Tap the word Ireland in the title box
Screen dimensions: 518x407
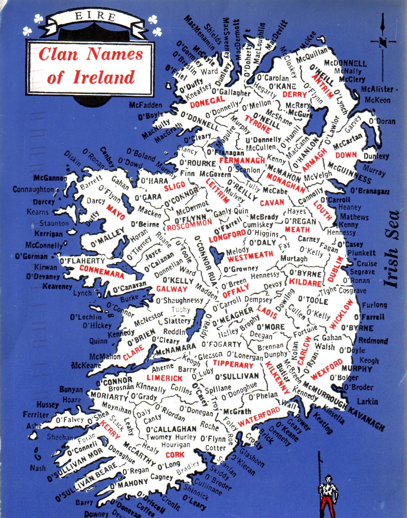(104, 77)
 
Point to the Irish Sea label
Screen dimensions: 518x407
(392, 249)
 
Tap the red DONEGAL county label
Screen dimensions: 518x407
(207, 102)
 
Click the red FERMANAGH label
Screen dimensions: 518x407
(242, 160)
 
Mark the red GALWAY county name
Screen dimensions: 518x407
(172, 289)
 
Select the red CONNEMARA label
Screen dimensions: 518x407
(101, 271)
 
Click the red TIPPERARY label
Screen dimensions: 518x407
(233, 364)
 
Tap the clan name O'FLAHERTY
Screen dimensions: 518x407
(83, 261)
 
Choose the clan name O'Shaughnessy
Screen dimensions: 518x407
(179, 301)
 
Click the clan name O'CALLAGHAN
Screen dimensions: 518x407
(171, 429)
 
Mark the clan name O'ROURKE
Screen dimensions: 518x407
(197, 163)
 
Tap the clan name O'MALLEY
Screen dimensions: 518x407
(107, 237)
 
